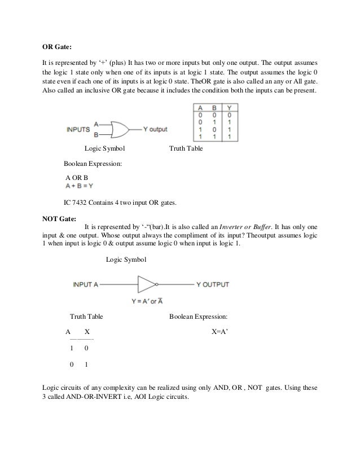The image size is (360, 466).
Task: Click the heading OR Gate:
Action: [x=60, y=46]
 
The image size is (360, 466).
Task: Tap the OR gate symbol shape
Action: [x=120, y=129]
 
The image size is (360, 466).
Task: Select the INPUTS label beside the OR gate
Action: [x=78, y=129]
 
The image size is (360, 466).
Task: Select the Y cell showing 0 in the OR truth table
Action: [x=228, y=115]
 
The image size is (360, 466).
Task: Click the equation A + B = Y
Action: [x=79, y=185]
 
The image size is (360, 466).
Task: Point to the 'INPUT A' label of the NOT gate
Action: [x=85, y=284]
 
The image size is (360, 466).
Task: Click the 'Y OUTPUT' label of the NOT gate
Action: [x=212, y=284]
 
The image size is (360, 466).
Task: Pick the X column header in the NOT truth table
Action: [x=86, y=332]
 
